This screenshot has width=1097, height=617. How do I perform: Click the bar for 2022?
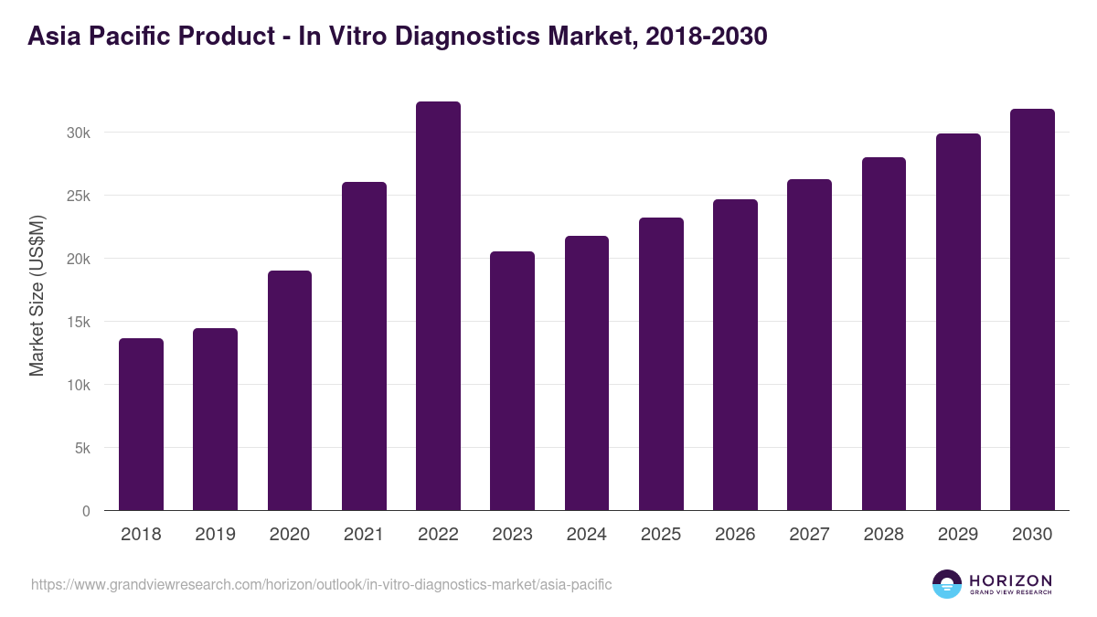tap(438, 306)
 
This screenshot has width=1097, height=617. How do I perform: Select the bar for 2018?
tap(141, 424)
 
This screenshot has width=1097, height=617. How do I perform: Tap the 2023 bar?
tap(512, 381)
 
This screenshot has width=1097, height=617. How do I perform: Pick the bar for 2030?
tap(1032, 310)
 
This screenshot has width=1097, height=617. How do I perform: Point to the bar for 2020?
tap(290, 390)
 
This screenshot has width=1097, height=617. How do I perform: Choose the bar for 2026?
tap(735, 355)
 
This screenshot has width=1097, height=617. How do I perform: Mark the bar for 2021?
tap(364, 346)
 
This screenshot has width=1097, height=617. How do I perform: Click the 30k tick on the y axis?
tap(79, 133)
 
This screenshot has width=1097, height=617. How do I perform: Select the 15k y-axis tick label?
tap(79, 322)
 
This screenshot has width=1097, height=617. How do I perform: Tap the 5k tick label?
tap(82, 448)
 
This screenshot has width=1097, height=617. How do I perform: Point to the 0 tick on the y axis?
tap(86, 511)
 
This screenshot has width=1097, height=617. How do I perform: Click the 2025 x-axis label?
tap(661, 535)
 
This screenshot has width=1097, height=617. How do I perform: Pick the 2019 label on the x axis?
tap(215, 535)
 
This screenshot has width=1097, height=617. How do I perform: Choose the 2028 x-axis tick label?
tap(884, 535)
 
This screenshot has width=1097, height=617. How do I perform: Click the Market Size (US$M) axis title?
tap(37, 296)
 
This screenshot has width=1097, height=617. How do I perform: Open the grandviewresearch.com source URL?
tap(321, 584)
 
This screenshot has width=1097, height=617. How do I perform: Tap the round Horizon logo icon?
tap(947, 584)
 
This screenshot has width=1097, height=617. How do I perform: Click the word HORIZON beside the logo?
tap(1010, 580)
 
